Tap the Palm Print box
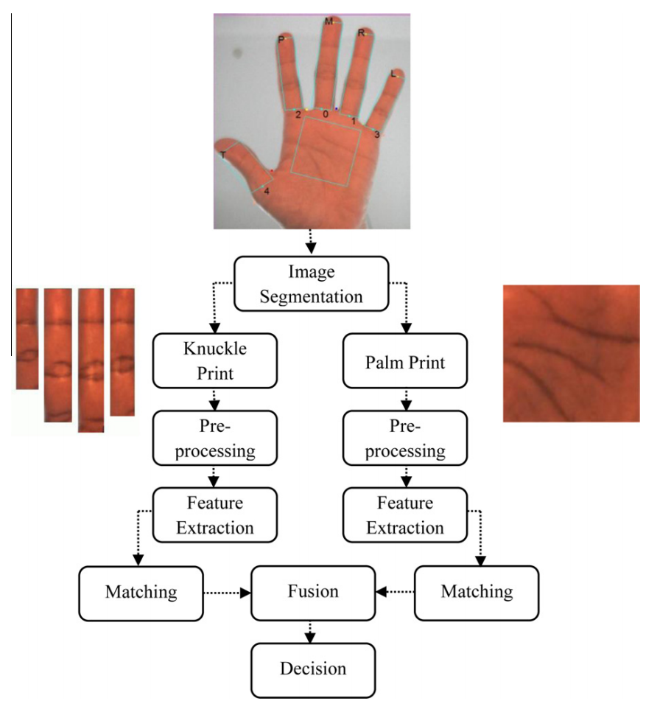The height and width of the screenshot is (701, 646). [404, 361]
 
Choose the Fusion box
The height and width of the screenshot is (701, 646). [313, 592]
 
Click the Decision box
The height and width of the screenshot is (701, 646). [312, 669]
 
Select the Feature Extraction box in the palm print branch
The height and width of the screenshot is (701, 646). [404, 515]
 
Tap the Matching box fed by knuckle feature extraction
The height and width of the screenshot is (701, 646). [140, 592]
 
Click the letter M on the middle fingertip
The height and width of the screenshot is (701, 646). [329, 22]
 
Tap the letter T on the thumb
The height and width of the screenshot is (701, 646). [222, 155]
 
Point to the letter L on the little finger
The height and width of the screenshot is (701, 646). [394, 74]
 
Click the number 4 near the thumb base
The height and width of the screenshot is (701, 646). [266, 191]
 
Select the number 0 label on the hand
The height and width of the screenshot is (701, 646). [325, 115]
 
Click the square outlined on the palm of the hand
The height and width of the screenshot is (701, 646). [325, 152]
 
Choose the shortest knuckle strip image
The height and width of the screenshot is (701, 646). [27, 338]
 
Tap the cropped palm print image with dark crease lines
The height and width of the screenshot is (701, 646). [571, 353]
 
